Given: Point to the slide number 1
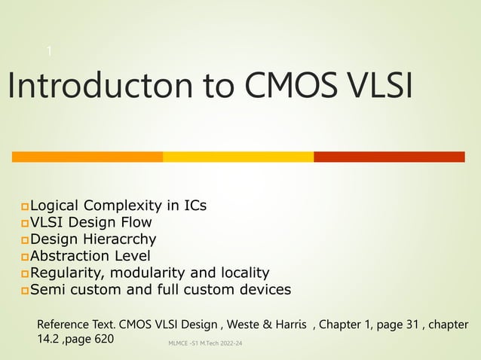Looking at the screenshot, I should point(49,51).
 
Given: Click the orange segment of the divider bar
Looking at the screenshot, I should point(87,157).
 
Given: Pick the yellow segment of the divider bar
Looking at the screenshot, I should point(238,157).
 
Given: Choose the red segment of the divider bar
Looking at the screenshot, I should point(389,157).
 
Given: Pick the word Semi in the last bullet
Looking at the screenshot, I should point(48,290).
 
